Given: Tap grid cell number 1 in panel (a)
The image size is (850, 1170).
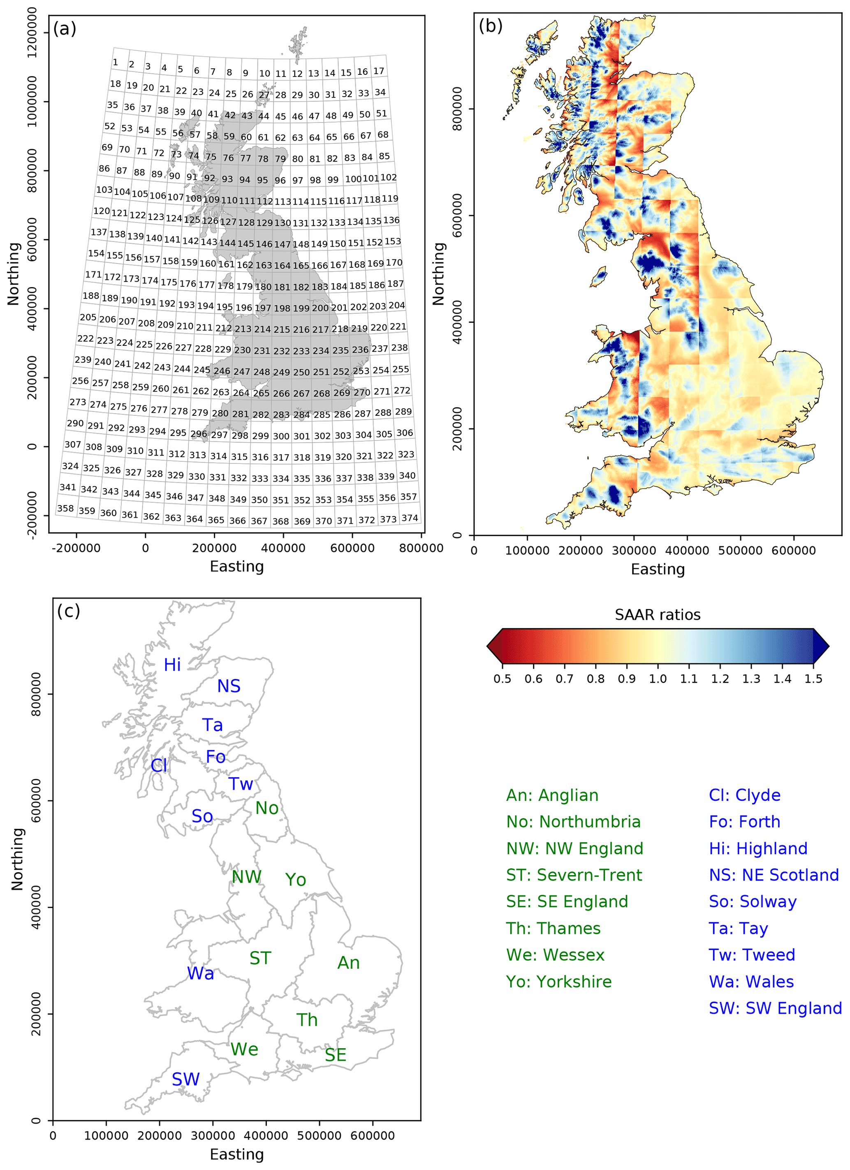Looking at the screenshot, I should coord(115,63).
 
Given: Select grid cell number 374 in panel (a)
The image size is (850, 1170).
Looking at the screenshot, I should coord(410,518).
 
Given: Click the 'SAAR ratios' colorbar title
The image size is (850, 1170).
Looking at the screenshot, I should coord(657,615).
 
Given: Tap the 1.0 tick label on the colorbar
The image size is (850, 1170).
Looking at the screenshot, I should coord(657,679).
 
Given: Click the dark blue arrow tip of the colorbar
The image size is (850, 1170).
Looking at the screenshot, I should coord(821,646).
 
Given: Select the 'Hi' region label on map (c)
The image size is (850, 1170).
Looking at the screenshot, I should coord(172,665).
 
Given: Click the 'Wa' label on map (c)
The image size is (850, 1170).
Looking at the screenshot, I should coord(200,973).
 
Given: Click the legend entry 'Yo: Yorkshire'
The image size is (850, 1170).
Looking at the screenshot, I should coord(558,982).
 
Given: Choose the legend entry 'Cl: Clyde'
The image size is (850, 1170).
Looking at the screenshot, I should coord(744,795).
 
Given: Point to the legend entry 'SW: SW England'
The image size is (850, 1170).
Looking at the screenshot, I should coord(775,1008).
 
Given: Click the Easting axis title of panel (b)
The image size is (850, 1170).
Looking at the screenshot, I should coord(657,570).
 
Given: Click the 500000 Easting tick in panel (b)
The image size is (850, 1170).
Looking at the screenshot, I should coord(740,550).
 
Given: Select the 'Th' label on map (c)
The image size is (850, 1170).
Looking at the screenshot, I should coord(306,1020).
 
